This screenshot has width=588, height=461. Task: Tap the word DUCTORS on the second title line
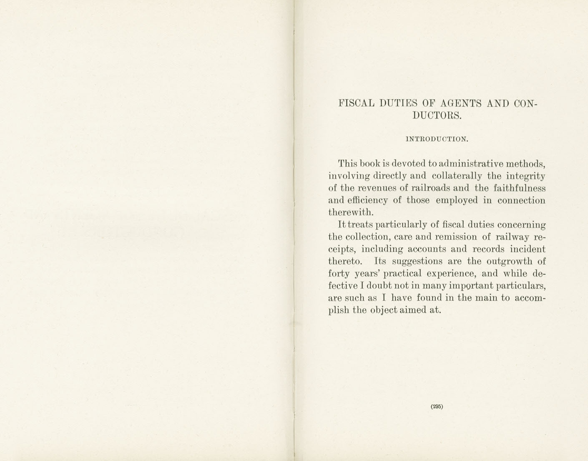437,116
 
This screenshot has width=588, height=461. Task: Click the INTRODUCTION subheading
437,139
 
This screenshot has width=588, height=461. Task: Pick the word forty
339,274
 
